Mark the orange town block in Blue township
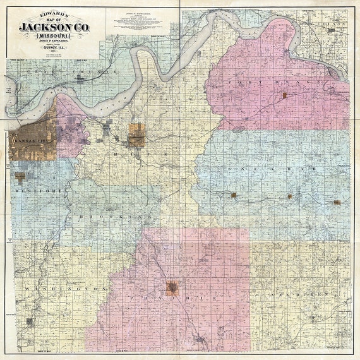[x=136, y=135]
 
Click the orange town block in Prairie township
[x=172, y=287]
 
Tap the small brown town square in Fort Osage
[x=284, y=96]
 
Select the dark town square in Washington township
[x=29, y=321]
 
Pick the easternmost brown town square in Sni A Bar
[x=337, y=202]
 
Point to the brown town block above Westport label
[x=21, y=177]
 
